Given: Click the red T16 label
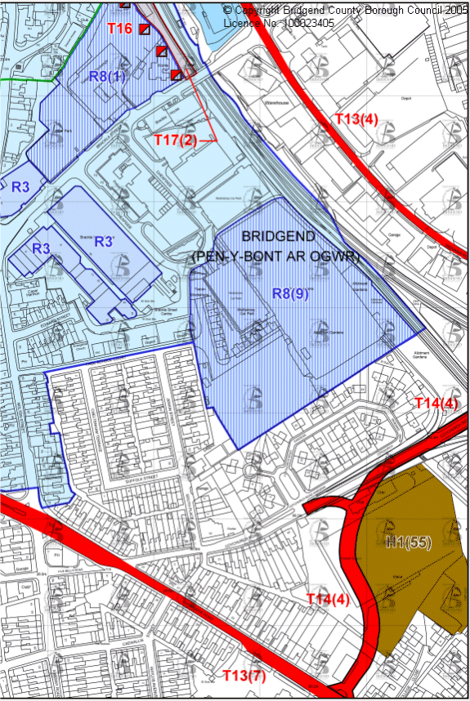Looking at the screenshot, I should tap(119, 29).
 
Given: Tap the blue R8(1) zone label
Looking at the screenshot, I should tap(107, 77).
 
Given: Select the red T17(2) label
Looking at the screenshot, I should tap(176, 140).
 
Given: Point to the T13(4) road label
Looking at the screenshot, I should tap(356, 120).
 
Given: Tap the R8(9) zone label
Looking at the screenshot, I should tap(290, 294).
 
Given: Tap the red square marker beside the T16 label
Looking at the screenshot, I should tap(145, 29).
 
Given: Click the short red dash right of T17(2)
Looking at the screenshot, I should tap(208, 141).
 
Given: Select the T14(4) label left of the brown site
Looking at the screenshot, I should tap(328, 600).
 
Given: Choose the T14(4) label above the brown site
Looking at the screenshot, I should tap(437, 403).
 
